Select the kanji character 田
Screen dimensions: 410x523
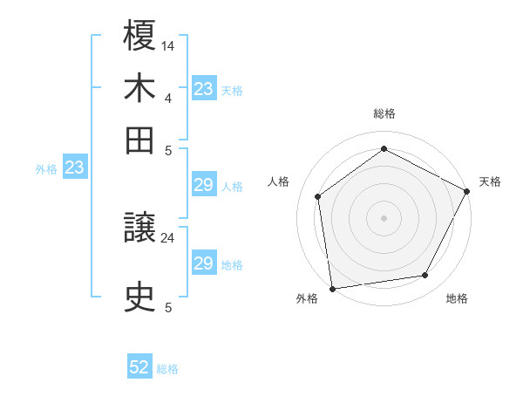point(140,140)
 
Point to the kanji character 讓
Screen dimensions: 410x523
point(140,229)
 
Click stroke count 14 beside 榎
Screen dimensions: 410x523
point(168,44)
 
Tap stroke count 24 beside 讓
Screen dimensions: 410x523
point(168,236)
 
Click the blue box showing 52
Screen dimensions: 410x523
point(139,367)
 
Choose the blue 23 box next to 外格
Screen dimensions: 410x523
point(74,167)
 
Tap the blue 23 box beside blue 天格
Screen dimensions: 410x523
point(203,89)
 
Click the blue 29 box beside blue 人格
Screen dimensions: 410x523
point(203,185)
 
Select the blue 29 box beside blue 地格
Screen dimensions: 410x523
point(203,263)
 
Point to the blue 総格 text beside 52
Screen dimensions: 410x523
point(167,369)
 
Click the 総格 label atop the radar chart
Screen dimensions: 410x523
point(384,113)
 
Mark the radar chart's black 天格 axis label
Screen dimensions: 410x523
point(490,181)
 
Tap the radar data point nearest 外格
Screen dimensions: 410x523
point(332,288)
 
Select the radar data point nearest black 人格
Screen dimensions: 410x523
point(318,196)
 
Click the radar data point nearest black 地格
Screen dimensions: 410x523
point(425,276)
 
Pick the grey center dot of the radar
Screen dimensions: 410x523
point(384,217)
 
